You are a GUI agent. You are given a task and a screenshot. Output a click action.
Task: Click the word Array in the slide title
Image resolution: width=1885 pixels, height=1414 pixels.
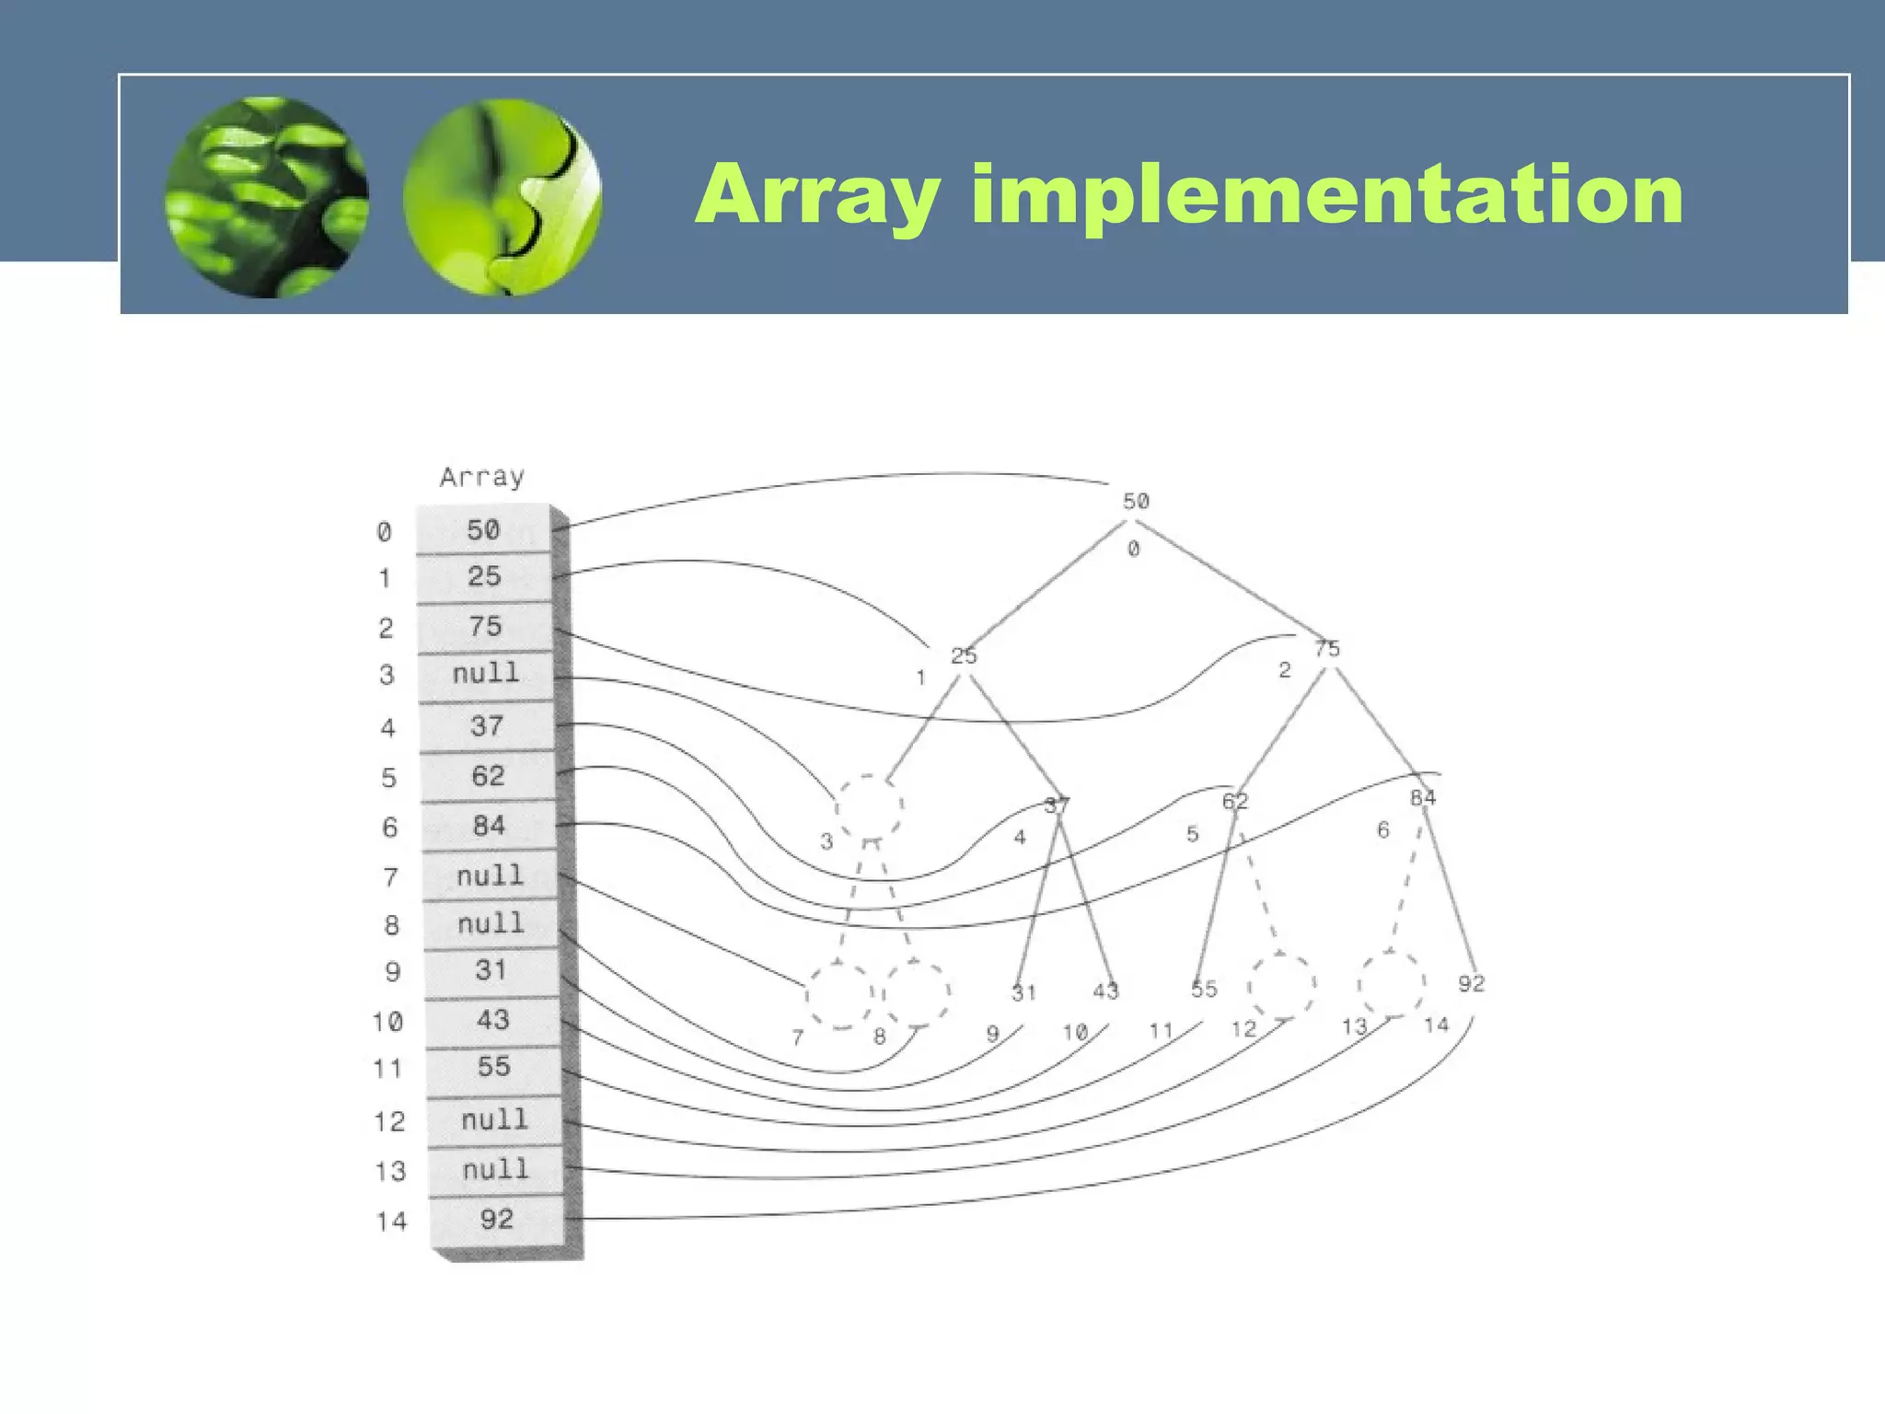pyautogui.click(x=818, y=196)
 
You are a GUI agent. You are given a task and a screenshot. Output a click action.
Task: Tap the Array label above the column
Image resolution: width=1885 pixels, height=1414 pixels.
pyautogui.click(x=481, y=477)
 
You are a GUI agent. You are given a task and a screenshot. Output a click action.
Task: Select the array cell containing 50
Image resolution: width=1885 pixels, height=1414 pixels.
pyautogui.click(x=483, y=529)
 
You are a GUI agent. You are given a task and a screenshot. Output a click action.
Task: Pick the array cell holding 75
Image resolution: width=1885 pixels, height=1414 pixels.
pyautogui.click(x=485, y=626)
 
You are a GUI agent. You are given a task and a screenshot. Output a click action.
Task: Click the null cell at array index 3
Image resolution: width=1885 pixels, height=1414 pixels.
pyautogui.click(x=486, y=673)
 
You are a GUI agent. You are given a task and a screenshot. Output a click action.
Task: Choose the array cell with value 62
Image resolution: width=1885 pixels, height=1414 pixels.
pyautogui.click(x=488, y=776)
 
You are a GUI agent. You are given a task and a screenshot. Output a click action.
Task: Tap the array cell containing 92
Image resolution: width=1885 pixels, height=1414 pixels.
pyautogui.click(x=496, y=1219)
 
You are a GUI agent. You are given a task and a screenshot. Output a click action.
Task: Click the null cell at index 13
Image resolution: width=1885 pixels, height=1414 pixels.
pyautogui.click(x=495, y=1169)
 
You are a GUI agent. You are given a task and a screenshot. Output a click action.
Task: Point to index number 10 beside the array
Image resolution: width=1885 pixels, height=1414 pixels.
pyautogui.click(x=387, y=1022)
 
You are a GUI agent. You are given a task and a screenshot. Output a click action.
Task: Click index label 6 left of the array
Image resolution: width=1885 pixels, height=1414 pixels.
pyautogui.click(x=389, y=828)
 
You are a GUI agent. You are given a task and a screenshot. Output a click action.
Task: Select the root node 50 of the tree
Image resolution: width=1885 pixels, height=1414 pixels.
pyautogui.click(x=1136, y=501)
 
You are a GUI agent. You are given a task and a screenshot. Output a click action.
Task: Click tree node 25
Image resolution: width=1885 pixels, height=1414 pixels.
pyautogui.click(x=964, y=655)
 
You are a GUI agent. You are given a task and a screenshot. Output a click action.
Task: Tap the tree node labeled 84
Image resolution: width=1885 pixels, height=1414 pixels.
pyautogui.click(x=1423, y=797)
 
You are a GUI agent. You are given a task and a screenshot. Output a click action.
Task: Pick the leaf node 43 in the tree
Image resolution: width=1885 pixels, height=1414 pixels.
pyautogui.click(x=1105, y=991)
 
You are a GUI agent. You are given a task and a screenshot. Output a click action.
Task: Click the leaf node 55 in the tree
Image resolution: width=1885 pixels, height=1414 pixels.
pyautogui.click(x=1204, y=989)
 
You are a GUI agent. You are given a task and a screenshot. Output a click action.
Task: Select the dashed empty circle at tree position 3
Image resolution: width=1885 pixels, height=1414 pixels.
pyautogui.click(x=868, y=807)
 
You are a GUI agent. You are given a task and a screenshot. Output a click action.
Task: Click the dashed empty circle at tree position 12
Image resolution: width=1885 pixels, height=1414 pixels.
pyautogui.click(x=1281, y=986)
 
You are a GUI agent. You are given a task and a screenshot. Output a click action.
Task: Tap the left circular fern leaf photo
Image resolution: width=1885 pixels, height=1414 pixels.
pyautogui.click(x=267, y=197)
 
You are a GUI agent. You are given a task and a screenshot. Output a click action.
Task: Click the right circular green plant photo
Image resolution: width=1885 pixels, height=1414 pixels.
pyautogui.click(x=503, y=197)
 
